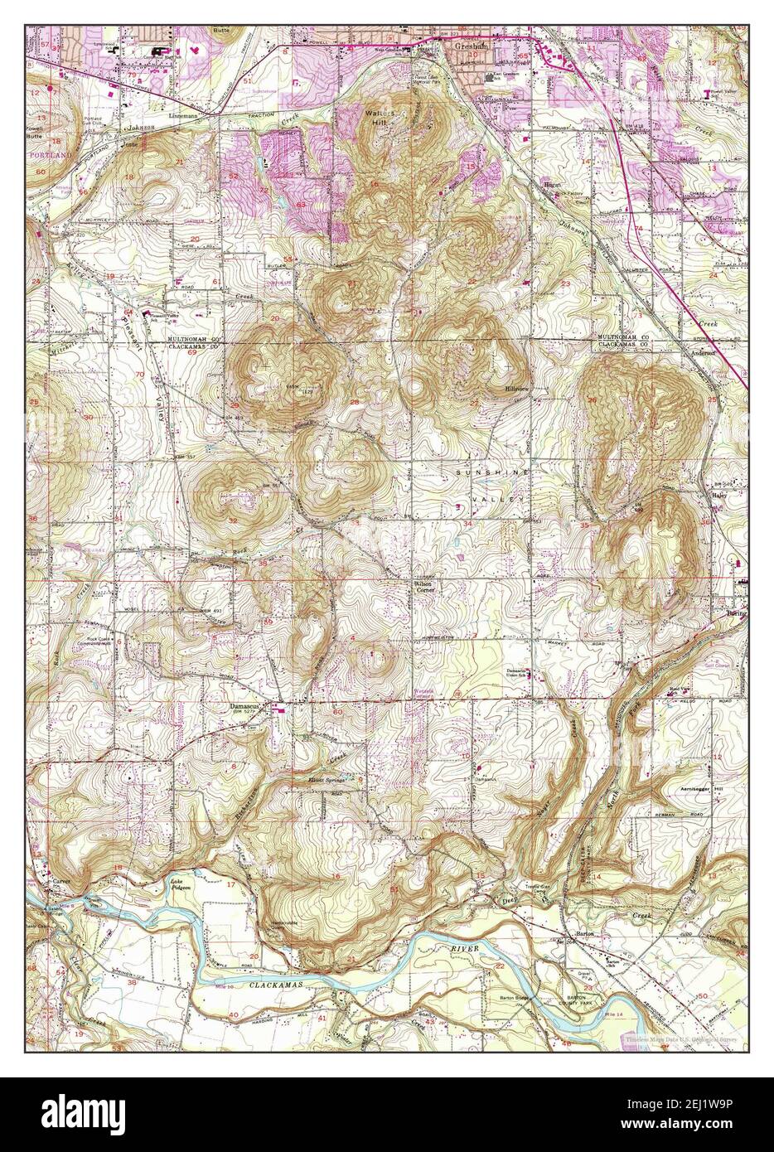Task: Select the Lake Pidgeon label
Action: (x=177, y=884)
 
